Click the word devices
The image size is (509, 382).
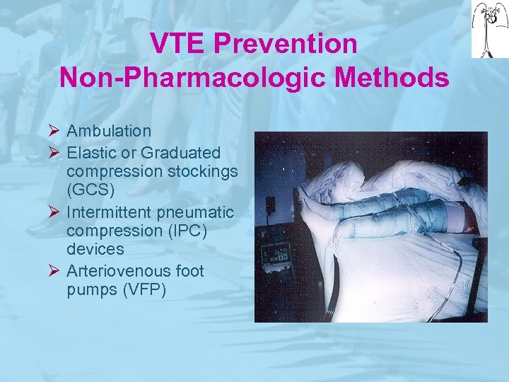pos(95,250)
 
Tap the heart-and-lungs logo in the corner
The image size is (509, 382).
pos(489,28)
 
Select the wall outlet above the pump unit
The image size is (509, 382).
pos(270,205)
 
